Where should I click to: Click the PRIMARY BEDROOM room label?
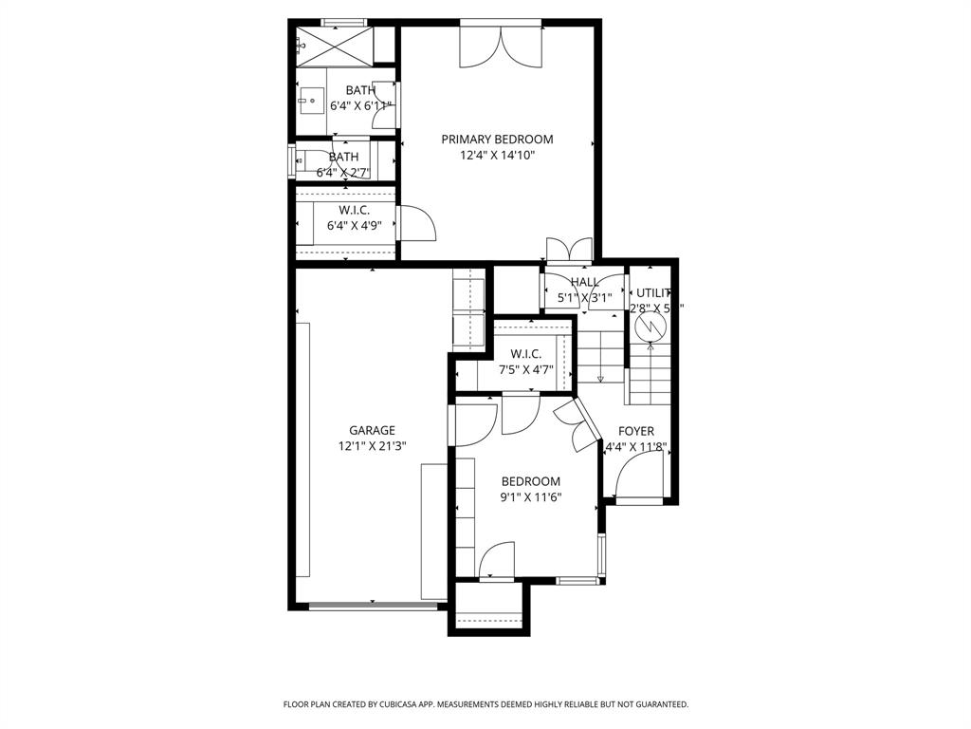[497, 140]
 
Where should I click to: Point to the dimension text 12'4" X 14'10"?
[497, 156]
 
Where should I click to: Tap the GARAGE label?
[372, 430]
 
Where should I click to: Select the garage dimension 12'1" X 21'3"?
[372, 446]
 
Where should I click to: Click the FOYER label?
[636, 431]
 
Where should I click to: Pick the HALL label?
[584, 282]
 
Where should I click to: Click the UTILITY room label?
[654, 293]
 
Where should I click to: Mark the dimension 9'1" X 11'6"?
[531, 496]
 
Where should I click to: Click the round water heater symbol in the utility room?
[651, 327]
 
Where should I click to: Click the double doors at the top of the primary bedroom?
[501, 46]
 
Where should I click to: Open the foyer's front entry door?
[638, 477]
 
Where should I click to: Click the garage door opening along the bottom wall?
[372, 606]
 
